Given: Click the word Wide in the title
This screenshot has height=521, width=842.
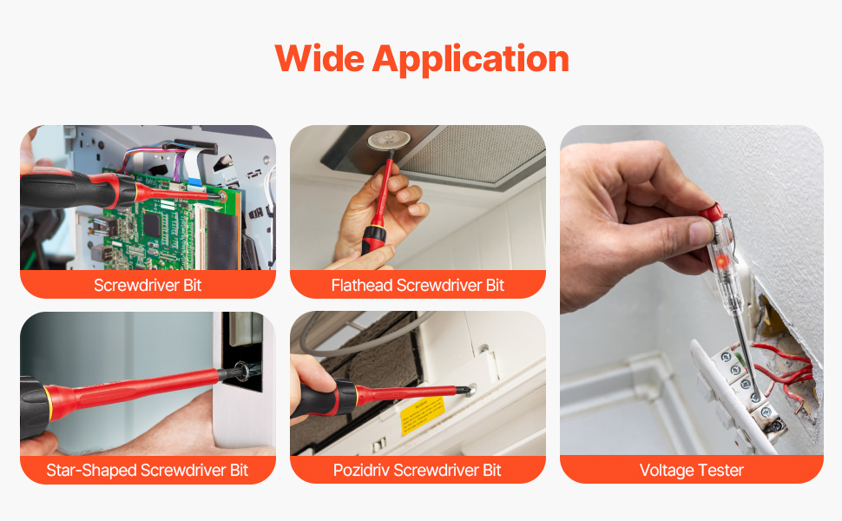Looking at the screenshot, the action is click(319, 58).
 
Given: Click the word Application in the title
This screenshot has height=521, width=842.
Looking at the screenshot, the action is click(471, 60).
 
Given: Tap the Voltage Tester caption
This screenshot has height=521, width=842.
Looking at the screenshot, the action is click(692, 470).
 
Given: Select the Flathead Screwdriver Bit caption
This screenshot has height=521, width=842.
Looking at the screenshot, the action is click(418, 285).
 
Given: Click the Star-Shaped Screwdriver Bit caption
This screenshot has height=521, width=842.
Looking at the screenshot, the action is click(148, 470).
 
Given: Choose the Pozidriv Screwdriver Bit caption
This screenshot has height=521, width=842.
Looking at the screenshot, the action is click(418, 470).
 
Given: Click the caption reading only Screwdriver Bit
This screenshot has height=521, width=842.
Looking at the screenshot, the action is click(148, 285).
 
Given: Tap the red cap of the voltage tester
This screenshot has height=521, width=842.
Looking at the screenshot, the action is click(712, 211).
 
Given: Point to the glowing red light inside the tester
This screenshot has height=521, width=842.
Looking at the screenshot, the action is click(721, 261).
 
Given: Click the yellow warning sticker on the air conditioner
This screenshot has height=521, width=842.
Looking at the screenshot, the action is click(423, 414).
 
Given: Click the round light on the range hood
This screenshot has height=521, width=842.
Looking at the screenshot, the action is click(389, 140).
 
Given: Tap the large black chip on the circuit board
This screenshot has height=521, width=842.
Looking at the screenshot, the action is click(152, 226).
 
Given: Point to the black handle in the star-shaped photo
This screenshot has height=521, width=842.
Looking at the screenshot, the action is click(35, 406).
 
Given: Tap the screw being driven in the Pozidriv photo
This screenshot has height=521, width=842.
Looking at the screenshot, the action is click(470, 389).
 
